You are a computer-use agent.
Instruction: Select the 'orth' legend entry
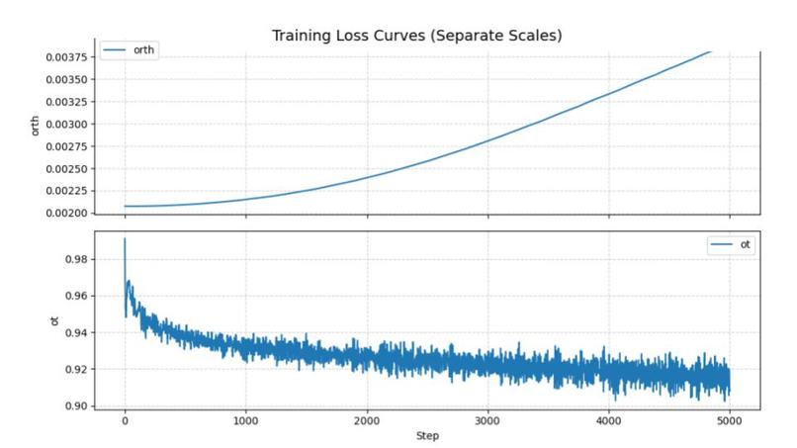[130, 49]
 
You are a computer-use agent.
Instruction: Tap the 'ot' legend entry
[731, 244]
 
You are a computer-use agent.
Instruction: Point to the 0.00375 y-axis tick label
[66, 57]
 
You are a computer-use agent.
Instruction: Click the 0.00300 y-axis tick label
[66, 124]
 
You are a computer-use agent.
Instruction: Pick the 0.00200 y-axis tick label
[66, 213]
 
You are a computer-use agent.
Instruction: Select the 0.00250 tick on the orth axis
[66, 169]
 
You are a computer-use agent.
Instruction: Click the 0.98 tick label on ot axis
[76, 259]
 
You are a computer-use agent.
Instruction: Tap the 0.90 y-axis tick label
[76, 405]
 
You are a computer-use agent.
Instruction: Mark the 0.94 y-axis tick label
[76, 332]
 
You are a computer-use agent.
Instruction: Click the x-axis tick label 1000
[246, 421]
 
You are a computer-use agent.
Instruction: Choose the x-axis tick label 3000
[487, 421]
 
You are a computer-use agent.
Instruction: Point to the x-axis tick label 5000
[730, 421]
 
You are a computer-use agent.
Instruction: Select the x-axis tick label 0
[125, 421]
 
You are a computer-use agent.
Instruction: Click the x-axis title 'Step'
[427, 436]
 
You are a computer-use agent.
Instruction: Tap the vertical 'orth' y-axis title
[35, 127]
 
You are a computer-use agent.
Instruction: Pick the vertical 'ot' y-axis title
[54, 320]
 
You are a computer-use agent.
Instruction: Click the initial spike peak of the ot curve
[125, 238]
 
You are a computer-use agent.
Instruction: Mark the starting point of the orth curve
[125, 206]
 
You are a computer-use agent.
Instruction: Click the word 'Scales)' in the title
[535, 36]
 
